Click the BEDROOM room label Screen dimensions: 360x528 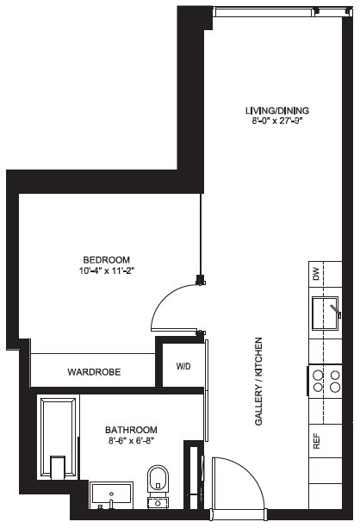107,260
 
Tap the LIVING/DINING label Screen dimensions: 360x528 277,110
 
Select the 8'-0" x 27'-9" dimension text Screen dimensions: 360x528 277,121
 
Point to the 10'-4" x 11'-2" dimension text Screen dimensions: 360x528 107,270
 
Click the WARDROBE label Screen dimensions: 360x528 94,372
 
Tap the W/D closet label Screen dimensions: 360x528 183,366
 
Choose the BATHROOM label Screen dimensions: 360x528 131,430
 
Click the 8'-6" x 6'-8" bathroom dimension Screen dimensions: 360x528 131,440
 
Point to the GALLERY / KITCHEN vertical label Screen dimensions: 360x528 258,382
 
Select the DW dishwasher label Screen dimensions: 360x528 316,274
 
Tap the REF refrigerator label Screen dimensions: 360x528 317,441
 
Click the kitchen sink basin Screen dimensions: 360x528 325,314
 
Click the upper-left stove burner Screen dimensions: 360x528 319,375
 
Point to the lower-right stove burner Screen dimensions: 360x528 335,387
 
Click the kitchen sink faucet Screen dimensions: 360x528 336,311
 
